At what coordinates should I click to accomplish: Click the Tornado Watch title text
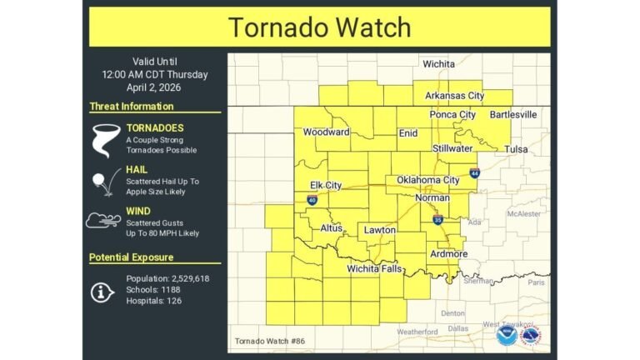tap(319, 27)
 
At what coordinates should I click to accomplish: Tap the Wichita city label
tap(438, 64)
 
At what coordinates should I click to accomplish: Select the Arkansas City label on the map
tap(454, 96)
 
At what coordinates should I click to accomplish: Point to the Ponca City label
tap(452, 115)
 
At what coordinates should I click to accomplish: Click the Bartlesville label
tap(513, 114)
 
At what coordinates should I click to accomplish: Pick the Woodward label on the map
tap(326, 132)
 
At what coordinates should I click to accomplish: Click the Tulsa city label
tap(516, 149)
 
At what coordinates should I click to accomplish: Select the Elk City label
tap(326, 185)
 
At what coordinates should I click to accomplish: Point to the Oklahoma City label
tap(427, 180)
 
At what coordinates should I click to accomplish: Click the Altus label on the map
tap(331, 227)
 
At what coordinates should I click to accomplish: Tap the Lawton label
tap(379, 229)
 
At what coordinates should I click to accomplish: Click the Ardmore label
tap(448, 253)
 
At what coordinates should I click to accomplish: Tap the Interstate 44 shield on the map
tap(474, 173)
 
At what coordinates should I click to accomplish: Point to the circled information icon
tap(103, 291)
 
